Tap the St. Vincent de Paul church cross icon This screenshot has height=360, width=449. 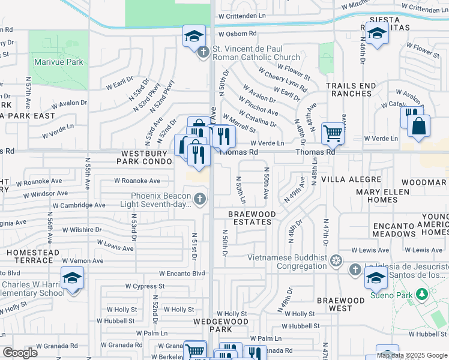pos(203,53)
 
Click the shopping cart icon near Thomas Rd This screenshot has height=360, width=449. pos(332,134)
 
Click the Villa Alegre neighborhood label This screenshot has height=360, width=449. pos(351,179)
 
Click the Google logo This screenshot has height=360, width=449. pos(20,353)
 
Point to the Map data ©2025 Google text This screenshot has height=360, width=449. pos(411,355)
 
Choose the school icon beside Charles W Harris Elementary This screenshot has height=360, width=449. pos(72,278)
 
